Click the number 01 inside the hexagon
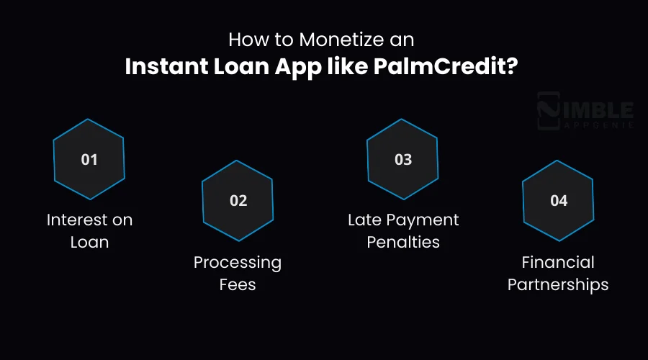[x=89, y=159]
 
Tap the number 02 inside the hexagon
[x=238, y=201]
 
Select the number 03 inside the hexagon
[x=403, y=159]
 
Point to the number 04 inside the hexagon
[x=559, y=201]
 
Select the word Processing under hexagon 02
[x=238, y=262]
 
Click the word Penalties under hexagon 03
[x=403, y=242]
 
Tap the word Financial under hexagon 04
[x=559, y=262]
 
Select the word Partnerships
[x=558, y=284]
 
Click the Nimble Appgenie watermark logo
[x=585, y=112]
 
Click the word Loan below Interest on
[x=89, y=242]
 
